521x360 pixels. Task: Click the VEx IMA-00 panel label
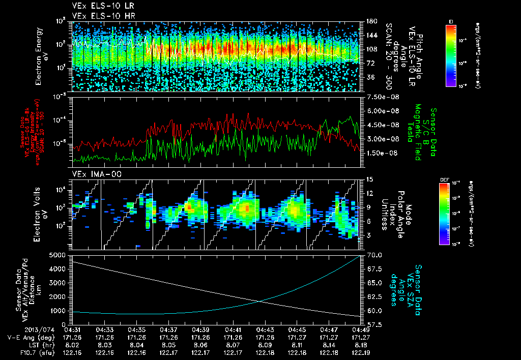[91, 174]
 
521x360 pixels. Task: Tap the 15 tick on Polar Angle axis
[369, 179]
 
